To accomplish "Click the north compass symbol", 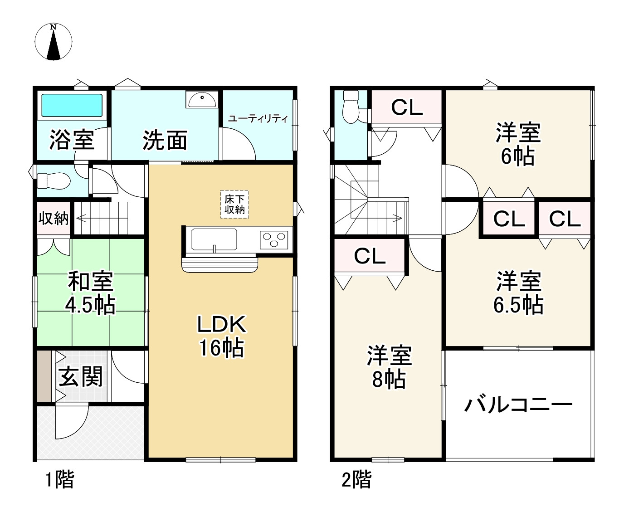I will click(x=54, y=42).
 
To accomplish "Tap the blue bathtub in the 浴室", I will click(x=72, y=105).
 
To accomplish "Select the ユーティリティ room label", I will click(x=258, y=119).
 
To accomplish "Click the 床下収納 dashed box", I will click(x=235, y=205).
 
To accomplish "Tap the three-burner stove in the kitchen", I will click(x=274, y=239).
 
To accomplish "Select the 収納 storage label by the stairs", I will click(x=54, y=219).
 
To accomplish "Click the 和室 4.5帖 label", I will click(x=90, y=293).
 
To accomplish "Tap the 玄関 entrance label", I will click(x=81, y=377).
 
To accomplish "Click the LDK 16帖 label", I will click(x=221, y=336).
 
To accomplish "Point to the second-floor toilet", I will click(x=350, y=107).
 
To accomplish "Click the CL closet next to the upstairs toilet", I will click(x=407, y=107).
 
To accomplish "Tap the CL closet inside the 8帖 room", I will click(x=370, y=256).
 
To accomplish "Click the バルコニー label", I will click(x=518, y=405).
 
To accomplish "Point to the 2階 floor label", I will click(x=356, y=480).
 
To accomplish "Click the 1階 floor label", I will click(x=59, y=480).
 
